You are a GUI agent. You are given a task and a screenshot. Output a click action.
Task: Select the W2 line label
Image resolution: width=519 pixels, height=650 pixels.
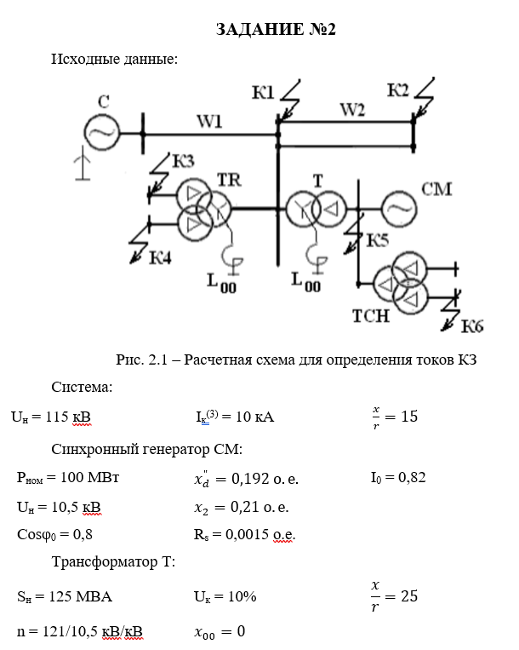click(x=352, y=109)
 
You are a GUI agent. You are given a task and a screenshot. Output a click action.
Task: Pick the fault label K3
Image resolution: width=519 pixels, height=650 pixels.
click(x=183, y=160)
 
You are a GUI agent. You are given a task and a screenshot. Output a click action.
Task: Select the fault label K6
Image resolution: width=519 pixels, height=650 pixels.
click(x=473, y=325)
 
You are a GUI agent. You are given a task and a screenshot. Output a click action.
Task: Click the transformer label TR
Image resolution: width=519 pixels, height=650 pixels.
click(x=229, y=180)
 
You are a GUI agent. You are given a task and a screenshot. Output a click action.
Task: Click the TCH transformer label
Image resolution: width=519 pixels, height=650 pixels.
click(x=370, y=317)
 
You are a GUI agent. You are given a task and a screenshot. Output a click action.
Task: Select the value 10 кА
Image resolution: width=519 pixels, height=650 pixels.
click(x=254, y=417)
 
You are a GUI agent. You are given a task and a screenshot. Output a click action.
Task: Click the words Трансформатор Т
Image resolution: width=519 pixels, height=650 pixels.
click(x=113, y=561)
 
